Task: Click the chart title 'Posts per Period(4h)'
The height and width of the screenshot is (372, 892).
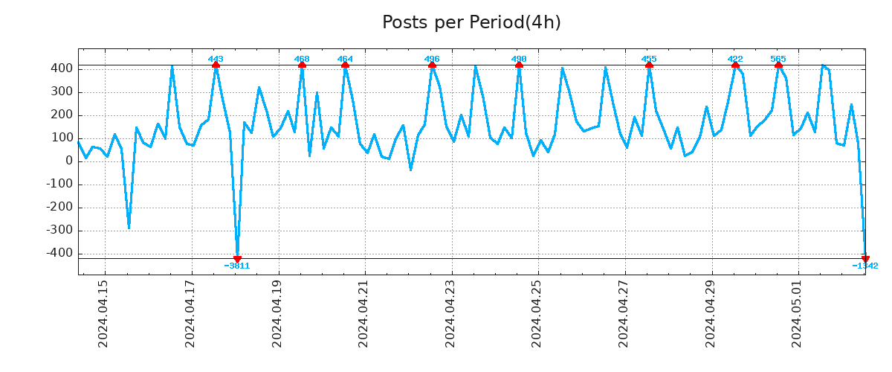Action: pyautogui.click(x=471, y=22)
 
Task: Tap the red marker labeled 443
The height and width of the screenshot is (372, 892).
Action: pyautogui.click(x=216, y=65)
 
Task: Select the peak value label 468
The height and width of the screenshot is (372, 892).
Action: pyautogui.click(x=302, y=59)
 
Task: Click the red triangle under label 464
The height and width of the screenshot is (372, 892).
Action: pyautogui.click(x=345, y=65)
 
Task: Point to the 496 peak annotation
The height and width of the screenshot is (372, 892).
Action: pyautogui.click(x=432, y=59)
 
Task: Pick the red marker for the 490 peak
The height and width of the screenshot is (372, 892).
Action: pyautogui.click(x=519, y=65)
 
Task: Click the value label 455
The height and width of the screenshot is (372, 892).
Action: pyautogui.click(x=649, y=59)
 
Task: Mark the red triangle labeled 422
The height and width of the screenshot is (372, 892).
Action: pyautogui.click(x=735, y=65)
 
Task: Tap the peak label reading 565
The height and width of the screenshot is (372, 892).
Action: pyautogui.click(x=778, y=59)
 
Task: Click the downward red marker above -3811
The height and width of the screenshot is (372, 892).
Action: pyautogui.click(x=237, y=259)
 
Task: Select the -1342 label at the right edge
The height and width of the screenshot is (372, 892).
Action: pyautogui.click(x=865, y=266)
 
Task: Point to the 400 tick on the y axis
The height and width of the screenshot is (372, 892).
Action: pyautogui.click(x=62, y=68)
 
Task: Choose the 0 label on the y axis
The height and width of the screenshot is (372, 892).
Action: pyautogui.click(x=69, y=161)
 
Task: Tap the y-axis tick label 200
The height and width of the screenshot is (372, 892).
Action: pyautogui.click(x=62, y=115)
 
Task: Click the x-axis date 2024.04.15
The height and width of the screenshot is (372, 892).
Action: pyautogui.click(x=104, y=313)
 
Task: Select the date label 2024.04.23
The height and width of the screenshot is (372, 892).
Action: pyautogui.click(x=451, y=313)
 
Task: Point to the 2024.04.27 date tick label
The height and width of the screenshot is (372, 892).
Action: pyautogui.click(x=624, y=313)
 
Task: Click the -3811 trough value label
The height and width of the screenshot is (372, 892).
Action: pyautogui.click(x=237, y=266)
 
